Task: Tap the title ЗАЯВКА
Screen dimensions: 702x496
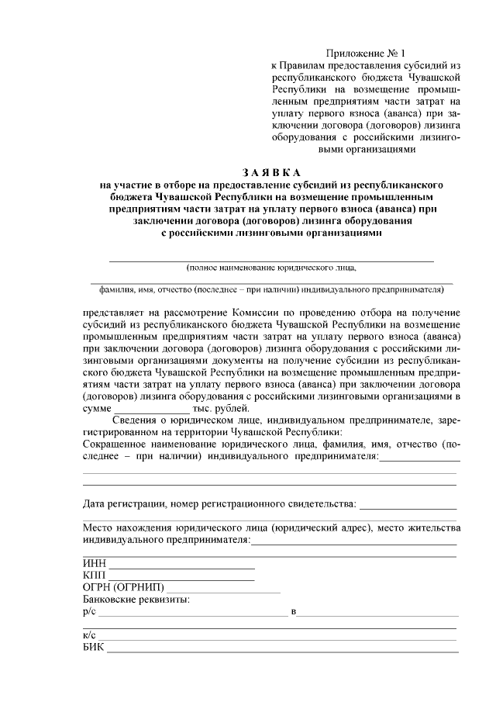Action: click(x=270, y=171)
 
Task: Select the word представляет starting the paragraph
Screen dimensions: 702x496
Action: click(x=115, y=312)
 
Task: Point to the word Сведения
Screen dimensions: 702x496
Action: click(x=143, y=420)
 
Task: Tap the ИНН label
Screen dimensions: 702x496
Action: click(x=93, y=563)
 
